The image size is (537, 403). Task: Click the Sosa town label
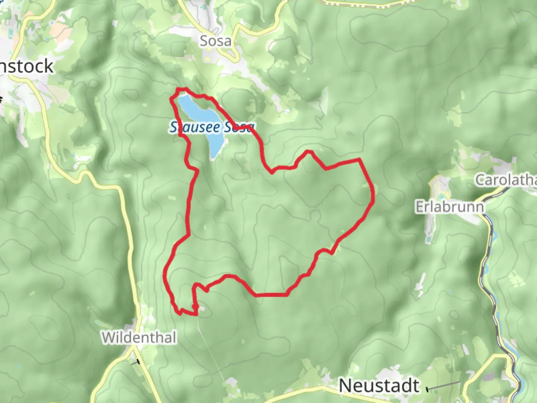(215, 41)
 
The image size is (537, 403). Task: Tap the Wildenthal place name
(139, 338)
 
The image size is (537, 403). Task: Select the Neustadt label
(379, 385)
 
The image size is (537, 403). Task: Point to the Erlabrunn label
(449, 207)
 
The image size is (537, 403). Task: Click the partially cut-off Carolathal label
(506, 180)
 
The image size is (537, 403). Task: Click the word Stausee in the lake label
(190, 128)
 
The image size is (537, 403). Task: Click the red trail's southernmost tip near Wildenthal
(195, 315)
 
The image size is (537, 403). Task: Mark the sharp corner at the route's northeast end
(359, 160)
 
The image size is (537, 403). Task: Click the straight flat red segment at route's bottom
(271, 295)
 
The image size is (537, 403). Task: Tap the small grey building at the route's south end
(202, 309)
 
